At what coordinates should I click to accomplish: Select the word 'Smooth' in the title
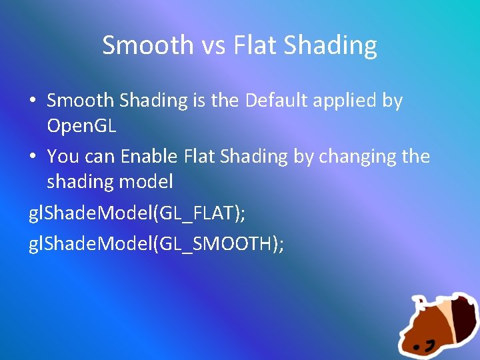coord(145,45)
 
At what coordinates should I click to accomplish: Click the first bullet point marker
coord(33,101)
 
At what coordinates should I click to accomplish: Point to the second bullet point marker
coord(33,157)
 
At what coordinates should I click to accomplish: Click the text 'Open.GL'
coord(81,126)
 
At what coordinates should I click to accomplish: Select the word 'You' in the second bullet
coord(63,157)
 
